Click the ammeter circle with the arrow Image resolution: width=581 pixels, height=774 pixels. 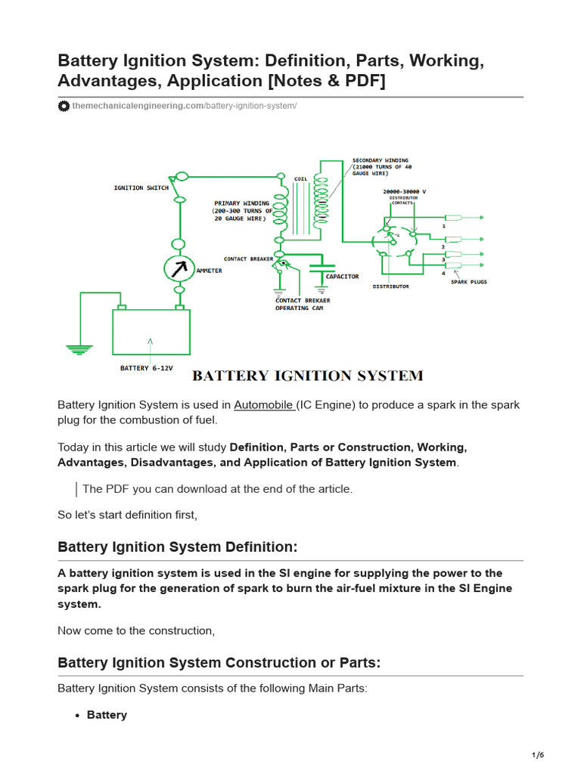(x=180, y=268)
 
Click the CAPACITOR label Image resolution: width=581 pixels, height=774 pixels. (x=342, y=277)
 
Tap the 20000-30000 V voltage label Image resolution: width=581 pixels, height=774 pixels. (x=404, y=192)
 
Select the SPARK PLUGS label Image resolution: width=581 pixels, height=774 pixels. (x=469, y=282)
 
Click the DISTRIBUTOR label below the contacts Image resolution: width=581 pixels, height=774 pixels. (x=390, y=286)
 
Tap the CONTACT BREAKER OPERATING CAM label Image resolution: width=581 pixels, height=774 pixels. (x=303, y=304)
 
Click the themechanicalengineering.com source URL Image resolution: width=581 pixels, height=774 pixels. (x=185, y=106)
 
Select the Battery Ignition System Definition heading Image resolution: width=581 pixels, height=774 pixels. (x=178, y=546)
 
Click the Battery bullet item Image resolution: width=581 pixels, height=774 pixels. (x=107, y=715)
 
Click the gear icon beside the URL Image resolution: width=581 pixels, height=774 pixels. (x=64, y=106)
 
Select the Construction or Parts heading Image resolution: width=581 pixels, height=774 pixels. (x=219, y=663)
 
